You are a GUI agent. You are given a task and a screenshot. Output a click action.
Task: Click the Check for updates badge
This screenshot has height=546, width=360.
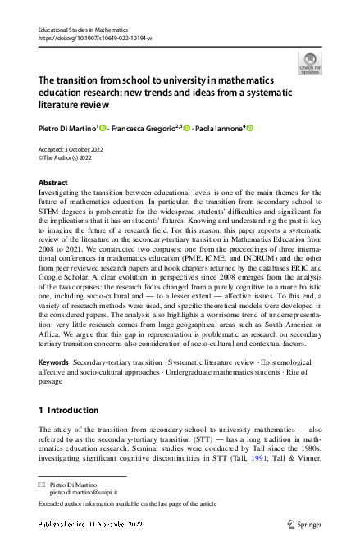pos(310,63)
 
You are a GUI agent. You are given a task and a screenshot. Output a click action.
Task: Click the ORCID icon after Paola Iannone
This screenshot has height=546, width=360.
pos(250,128)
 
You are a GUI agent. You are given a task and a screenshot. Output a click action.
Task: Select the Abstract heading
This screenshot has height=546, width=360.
pos(54,182)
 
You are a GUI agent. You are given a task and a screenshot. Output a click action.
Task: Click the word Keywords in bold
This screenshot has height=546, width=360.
pos(53,361)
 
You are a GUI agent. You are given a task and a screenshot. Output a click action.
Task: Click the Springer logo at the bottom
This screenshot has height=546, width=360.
pos(303,522)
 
